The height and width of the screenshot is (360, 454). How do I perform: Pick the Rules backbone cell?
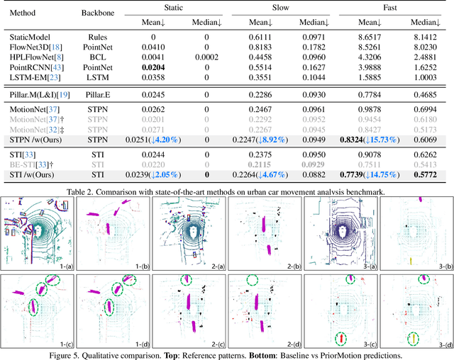click(x=91, y=35)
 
